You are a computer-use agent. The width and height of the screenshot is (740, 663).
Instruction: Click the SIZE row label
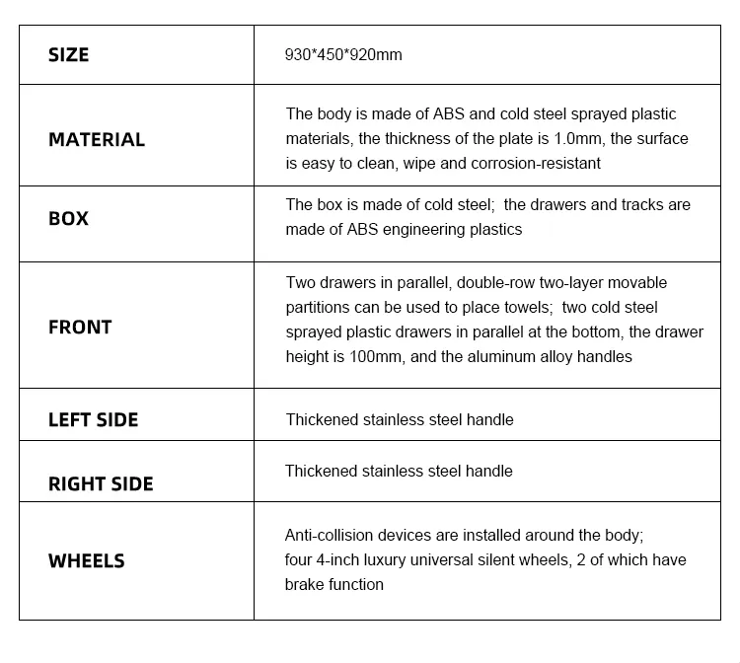68,55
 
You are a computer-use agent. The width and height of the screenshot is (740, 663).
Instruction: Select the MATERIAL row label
97,140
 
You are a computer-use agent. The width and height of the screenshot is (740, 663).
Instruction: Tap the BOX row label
68,219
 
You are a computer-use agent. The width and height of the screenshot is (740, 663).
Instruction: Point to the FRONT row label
80,328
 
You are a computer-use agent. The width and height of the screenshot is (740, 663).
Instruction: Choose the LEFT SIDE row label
93,420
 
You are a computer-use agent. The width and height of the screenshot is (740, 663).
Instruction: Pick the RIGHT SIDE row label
101,484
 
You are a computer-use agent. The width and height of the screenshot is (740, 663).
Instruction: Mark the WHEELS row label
87,561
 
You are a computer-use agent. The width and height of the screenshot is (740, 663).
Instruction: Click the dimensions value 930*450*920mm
343,55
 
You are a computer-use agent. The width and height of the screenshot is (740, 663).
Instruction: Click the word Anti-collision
332,536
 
